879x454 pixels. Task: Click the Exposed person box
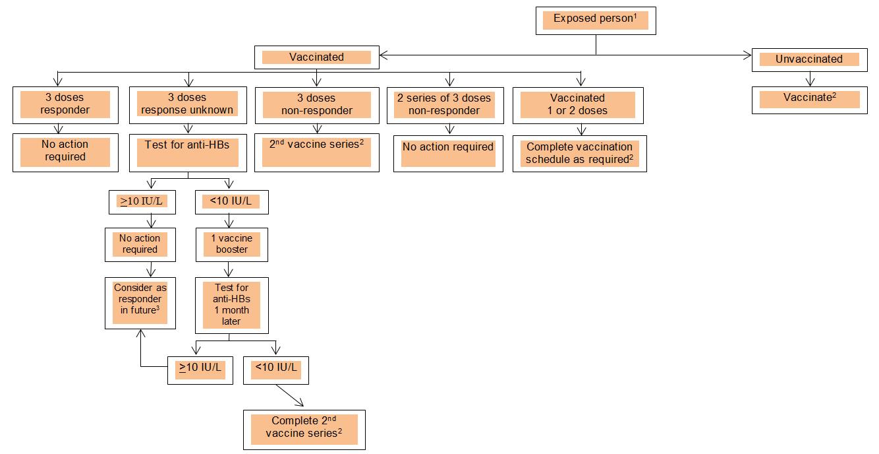(x=595, y=20)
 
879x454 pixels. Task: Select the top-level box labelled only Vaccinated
(x=316, y=57)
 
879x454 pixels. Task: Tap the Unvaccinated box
(x=809, y=59)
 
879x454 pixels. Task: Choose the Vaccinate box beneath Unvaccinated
(x=809, y=98)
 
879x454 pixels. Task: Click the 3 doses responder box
(x=65, y=104)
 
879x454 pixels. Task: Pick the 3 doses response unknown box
(x=187, y=104)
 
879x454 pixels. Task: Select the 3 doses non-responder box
(x=316, y=104)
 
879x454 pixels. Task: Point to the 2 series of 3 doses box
(x=448, y=104)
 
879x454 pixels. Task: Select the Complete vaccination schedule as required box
(x=579, y=153)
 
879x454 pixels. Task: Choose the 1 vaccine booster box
(x=232, y=243)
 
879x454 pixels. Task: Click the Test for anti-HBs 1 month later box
(x=232, y=304)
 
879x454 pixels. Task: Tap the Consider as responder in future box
(x=140, y=302)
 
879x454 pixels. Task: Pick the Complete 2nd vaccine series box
(x=304, y=430)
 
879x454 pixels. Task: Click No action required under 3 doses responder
(x=65, y=151)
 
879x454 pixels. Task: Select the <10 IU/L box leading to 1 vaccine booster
(x=232, y=201)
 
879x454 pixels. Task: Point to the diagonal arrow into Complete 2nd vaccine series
(x=290, y=396)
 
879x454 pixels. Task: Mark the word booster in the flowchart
(x=232, y=249)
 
